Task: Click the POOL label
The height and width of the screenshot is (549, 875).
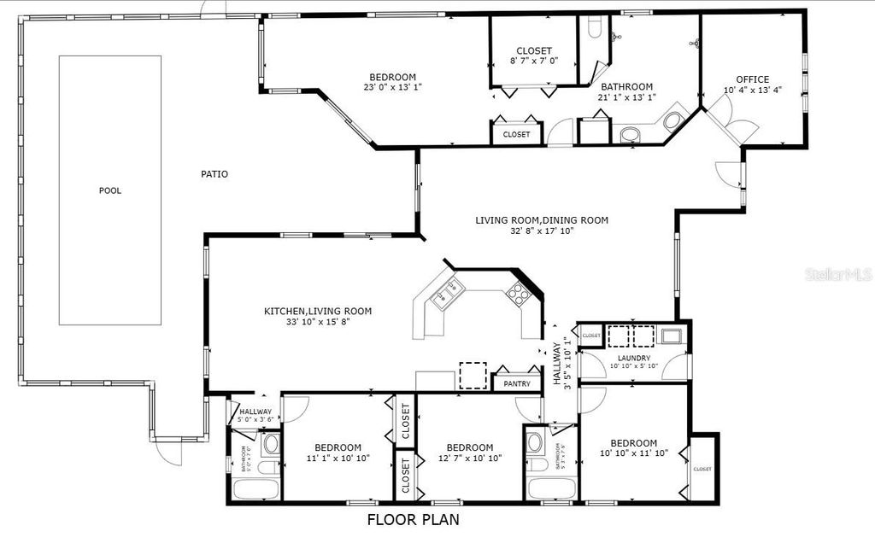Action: (x=109, y=190)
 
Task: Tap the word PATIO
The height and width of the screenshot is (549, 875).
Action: (x=214, y=174)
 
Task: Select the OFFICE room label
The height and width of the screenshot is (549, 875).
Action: (x=752, y=79)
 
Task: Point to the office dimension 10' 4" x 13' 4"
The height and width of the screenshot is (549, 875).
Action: (x=752, y=91)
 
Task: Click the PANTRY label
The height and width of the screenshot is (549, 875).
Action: (x=518, y=384)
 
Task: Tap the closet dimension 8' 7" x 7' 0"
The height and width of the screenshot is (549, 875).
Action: (x=533, y=61)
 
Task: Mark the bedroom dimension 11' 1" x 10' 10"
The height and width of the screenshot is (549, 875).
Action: (x=337, y=458)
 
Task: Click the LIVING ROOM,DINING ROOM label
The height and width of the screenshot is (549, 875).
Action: (x=542, y=220)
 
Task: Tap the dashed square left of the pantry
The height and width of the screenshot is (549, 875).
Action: (x=473, y=376)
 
